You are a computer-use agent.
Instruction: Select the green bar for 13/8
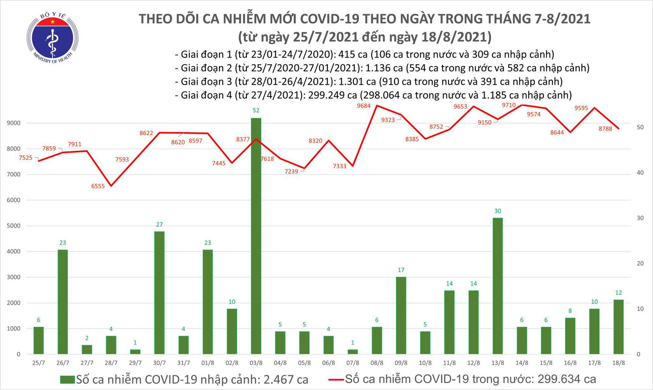[x=498, y=286]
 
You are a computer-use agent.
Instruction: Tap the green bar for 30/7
[x=159, y=292]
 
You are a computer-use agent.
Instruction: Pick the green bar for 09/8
[x=401, y=315]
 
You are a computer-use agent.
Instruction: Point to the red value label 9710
[x=509, y=105]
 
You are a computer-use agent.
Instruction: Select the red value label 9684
[x=364, y=106]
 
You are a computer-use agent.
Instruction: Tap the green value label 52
[x=256, y=111]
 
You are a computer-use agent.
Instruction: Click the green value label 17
[x=401, y=270]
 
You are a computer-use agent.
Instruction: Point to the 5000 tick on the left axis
[x=13, y=226]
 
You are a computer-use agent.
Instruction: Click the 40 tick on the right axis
[x=640, y=173]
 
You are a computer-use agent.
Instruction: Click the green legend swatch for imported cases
[x=68, y=380]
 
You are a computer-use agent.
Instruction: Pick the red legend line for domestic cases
[x=336, y=380]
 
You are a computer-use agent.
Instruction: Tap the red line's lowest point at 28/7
[x=111, y=186]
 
